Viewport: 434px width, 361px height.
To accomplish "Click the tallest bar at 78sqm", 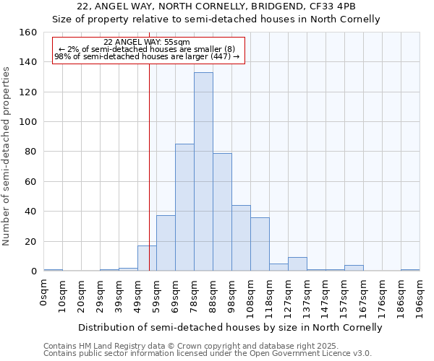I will (x=203, y=172).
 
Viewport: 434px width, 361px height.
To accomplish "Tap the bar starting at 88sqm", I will (x=222, y=212).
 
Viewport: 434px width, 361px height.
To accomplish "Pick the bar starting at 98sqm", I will (x=241, y=238).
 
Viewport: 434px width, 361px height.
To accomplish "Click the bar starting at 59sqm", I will (x=166, y=243).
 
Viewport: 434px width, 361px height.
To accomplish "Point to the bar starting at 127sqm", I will (x=297, y=264).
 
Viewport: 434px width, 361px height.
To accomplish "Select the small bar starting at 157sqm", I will (x=354, y=268).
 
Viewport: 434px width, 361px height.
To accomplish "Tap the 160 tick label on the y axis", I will (x=27, y=32).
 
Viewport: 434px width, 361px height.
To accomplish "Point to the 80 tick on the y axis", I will (x=30, y=152).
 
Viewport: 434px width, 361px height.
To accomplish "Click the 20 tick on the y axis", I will (x=30, y=241).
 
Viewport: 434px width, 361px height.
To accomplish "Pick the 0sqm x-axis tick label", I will (x=44, y=292).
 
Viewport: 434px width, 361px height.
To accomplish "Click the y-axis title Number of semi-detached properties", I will (x=7, y=152).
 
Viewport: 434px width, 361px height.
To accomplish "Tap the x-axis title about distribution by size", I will (x=230, y=327).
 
